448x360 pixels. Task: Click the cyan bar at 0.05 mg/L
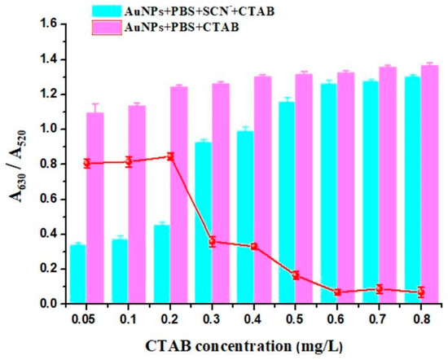[78, 274]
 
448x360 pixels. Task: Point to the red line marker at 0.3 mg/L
[212, 241]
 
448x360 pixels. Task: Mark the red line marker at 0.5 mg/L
[295, 275]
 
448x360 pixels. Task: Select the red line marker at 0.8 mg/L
[420, 292]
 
